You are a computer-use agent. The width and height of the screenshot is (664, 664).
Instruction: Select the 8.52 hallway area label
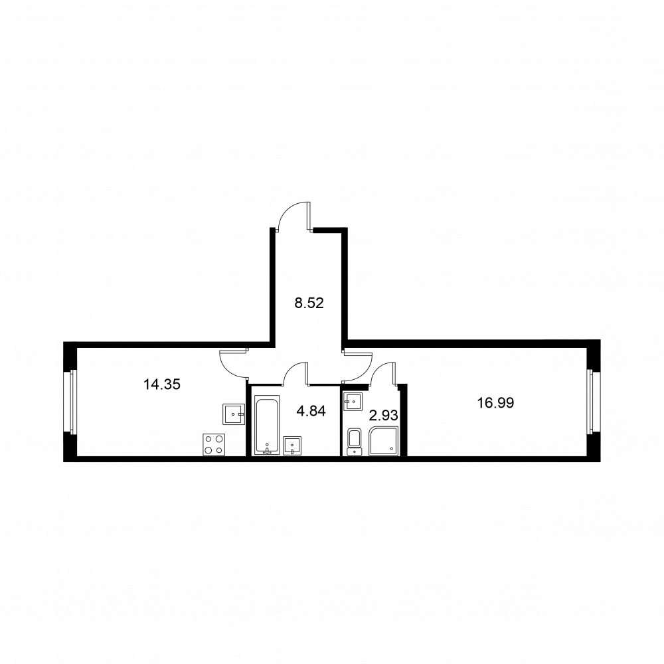(309, 305)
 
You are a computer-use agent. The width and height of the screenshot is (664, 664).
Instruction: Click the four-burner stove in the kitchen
(214, 444)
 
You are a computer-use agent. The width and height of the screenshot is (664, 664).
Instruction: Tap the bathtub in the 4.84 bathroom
(267, 426)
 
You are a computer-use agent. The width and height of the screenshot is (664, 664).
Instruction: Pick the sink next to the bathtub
(292, 446)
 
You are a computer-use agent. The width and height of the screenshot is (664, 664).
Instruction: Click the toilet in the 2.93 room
(354, 441)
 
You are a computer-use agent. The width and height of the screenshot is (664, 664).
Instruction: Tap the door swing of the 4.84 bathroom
(295, 372)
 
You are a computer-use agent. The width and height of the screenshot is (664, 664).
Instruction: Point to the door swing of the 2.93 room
(383, 373)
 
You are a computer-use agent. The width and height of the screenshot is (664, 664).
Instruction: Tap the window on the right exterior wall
(593, 402)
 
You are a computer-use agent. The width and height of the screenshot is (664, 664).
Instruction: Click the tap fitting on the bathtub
(267, 451)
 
